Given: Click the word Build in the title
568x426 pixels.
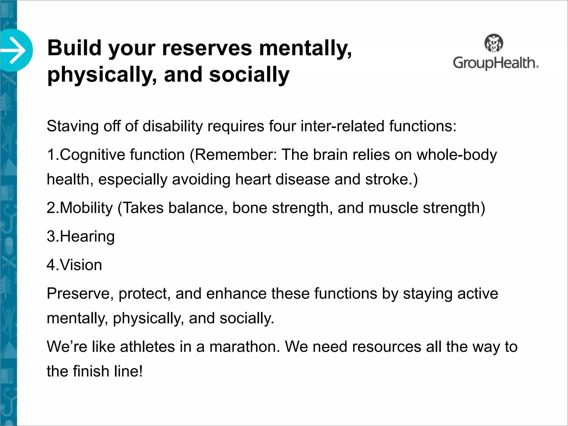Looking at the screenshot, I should click(74, 48).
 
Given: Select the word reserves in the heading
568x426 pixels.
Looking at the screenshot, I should click(207, 48).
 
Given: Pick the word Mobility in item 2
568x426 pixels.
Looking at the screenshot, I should click(86, 208).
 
